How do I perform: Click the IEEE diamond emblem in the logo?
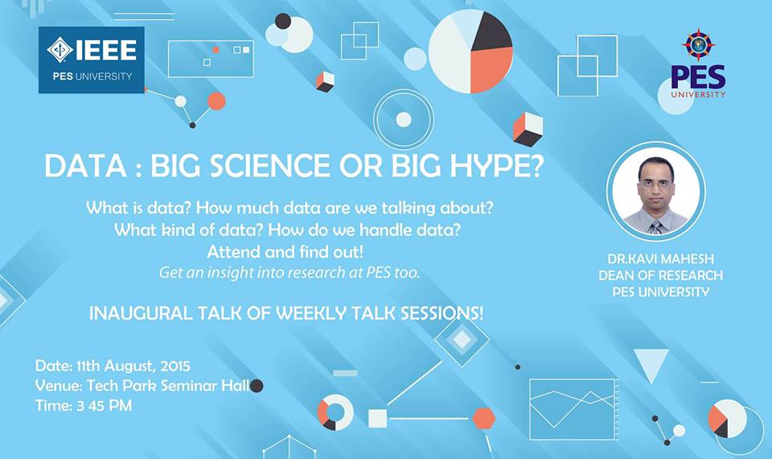pos(60,50)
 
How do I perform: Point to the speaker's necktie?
pos(656,227)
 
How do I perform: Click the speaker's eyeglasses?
pos(655,185)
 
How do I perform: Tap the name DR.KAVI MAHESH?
pos(661,258)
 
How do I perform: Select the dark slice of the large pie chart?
pos(490,31)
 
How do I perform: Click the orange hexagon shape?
pos(484,419)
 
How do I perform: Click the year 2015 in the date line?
pos(175,366)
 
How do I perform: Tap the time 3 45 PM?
pos(104,406)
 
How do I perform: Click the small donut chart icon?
pos(335,412)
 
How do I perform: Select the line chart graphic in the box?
pos(573,409)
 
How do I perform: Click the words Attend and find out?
pos(285,252)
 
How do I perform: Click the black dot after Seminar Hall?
pos(257,386)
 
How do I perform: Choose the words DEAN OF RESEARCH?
pos(661,275)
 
